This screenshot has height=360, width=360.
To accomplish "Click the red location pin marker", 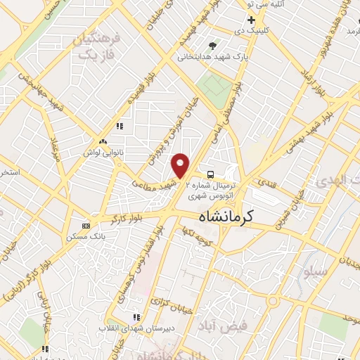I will tap(181, 165).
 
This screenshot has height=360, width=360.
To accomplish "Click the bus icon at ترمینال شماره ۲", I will tap(210, 173).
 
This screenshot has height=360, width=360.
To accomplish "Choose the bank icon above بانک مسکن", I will tap(86, 226).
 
